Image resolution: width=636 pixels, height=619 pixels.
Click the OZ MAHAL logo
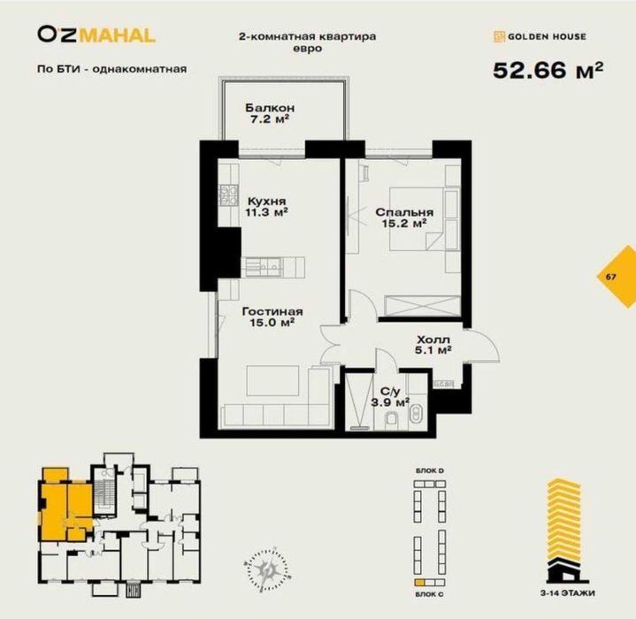[96, 35]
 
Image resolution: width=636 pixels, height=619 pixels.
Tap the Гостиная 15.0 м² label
[272, 317]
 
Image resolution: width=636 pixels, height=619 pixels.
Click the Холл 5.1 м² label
[433, 344]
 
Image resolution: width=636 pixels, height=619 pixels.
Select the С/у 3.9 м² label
[394, 397]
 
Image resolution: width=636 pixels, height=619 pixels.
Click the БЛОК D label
[429, 473]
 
